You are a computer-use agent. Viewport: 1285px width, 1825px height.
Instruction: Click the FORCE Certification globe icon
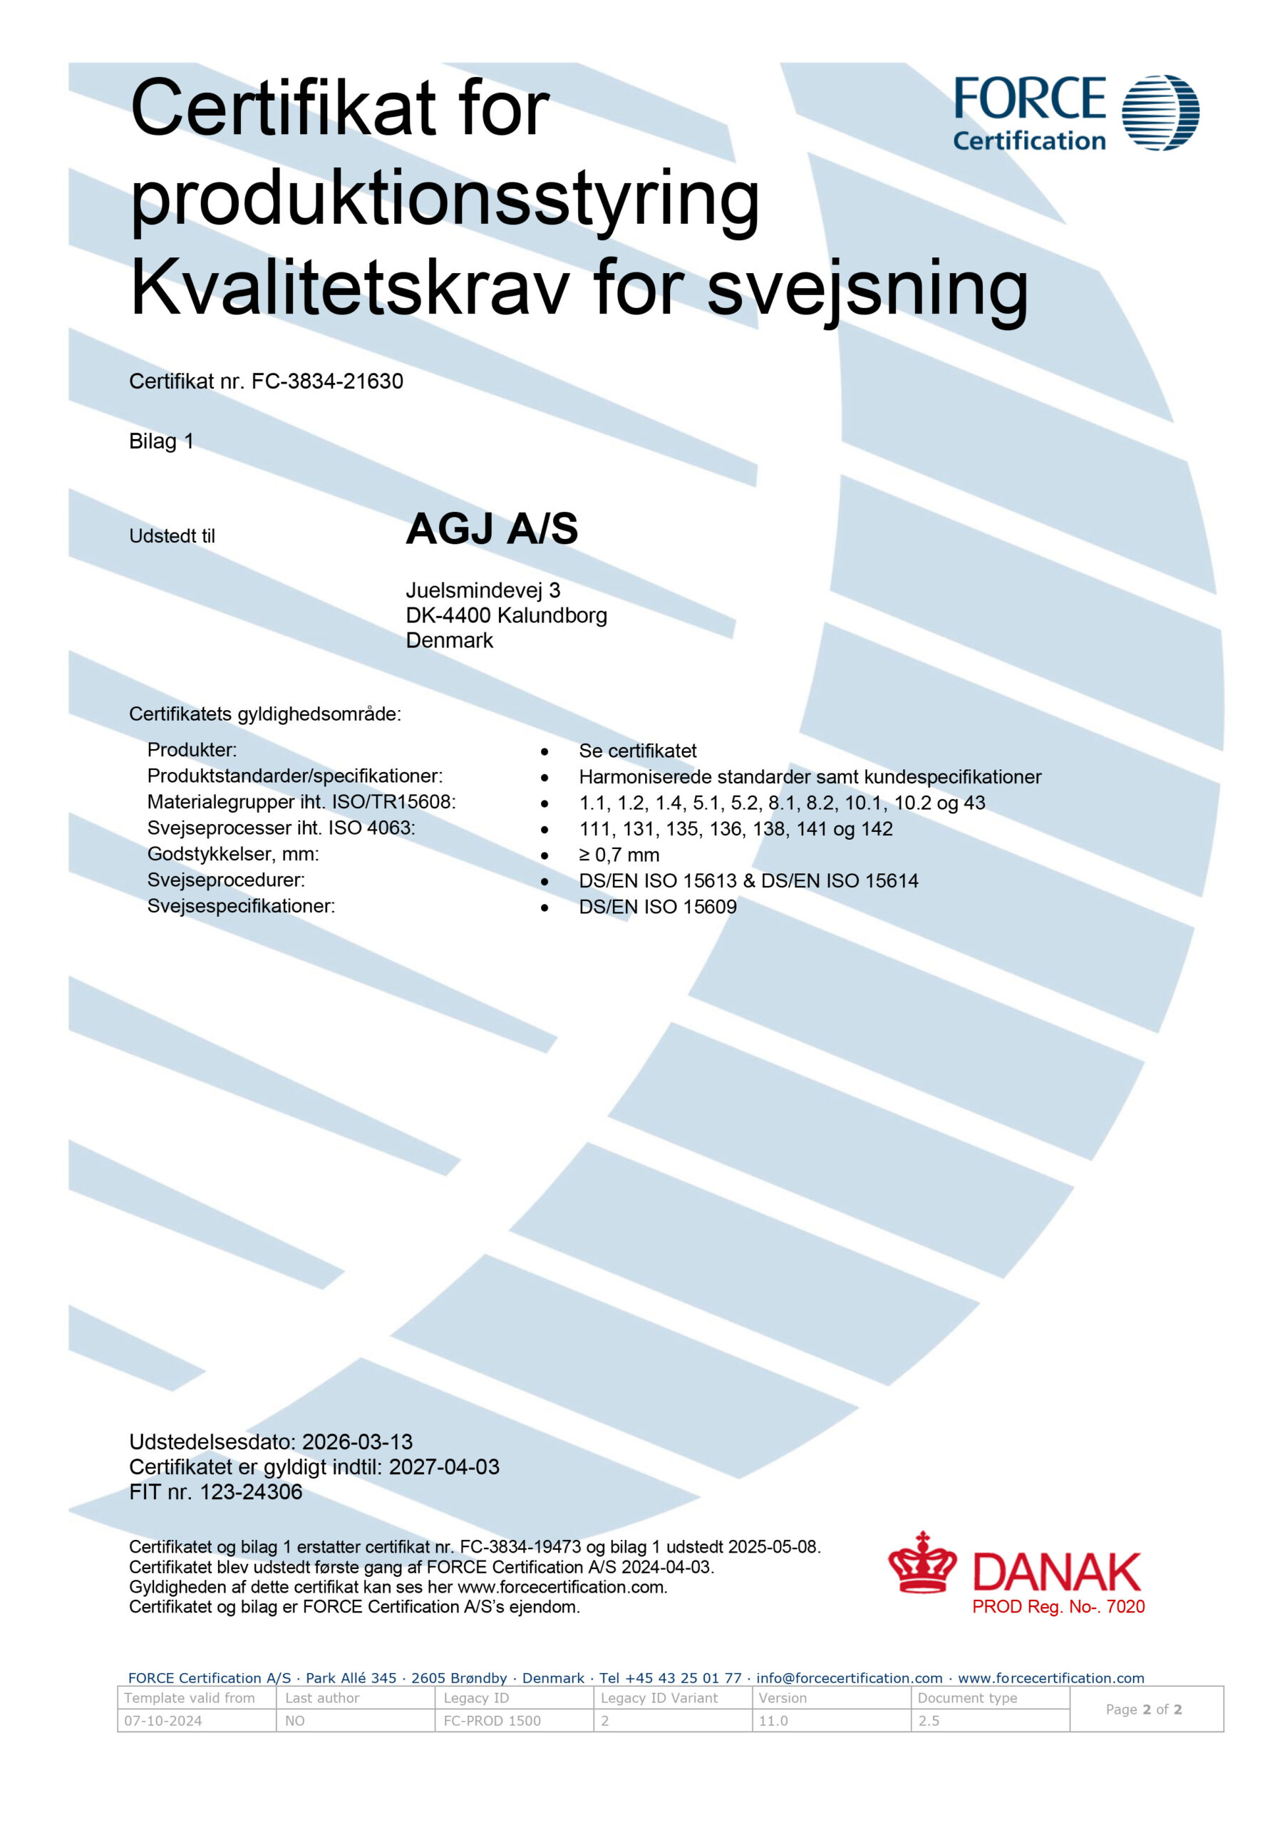tap(1160, 113)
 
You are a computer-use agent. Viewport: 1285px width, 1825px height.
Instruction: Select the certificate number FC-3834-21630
tap(327, 381)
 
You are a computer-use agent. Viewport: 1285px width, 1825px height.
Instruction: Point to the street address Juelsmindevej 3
tap(482, 590)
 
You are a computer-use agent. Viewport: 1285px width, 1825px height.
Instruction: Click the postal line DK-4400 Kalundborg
tap(506, 615)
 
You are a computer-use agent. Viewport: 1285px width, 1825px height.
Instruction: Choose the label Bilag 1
tap(161, 441)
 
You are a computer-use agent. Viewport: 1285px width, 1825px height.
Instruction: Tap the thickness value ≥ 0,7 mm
tap(619, 855)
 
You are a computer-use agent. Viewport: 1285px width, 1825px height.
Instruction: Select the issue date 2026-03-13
tap(358, 1442)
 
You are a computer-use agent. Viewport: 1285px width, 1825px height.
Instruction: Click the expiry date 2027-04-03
tap(443, 1466)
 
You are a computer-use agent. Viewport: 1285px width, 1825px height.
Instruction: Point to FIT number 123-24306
tap(251, 1492)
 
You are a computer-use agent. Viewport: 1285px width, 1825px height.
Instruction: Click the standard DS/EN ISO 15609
tap(657, 907)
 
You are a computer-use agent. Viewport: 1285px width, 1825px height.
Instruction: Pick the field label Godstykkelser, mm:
tap(233, 855)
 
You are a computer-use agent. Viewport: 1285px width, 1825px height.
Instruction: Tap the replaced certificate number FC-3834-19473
tap(520, 1547)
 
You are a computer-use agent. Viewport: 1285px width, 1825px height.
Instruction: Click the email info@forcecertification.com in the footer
tap(849, 1678)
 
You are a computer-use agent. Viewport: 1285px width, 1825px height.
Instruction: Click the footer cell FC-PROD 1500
tap(492, 1720)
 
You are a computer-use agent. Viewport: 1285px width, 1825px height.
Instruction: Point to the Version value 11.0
tap(773, 1720)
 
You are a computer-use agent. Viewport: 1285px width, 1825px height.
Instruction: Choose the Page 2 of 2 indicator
tap(1144, 1709)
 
